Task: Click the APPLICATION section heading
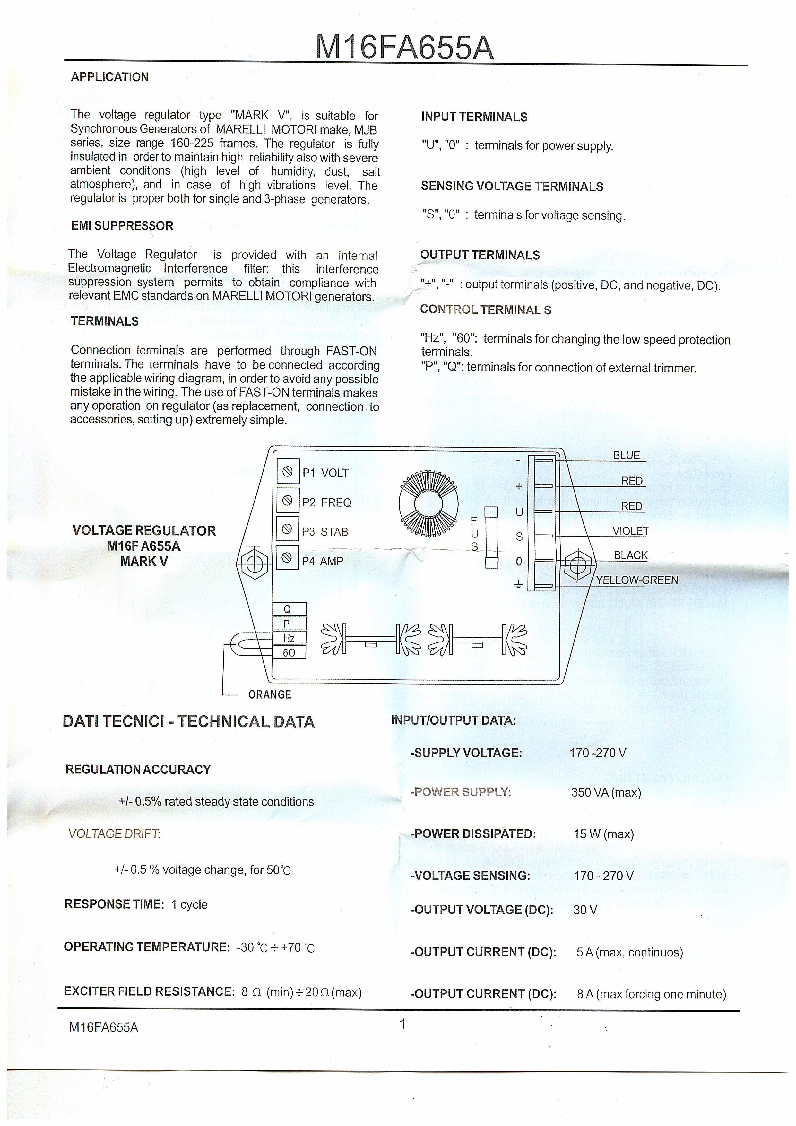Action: pos(109,77)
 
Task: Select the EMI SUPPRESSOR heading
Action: pos(122,226)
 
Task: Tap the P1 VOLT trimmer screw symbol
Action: pos(288,472)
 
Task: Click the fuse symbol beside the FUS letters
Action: pos(491,537)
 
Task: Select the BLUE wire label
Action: pos(627,456)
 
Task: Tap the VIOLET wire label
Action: pos(630,531)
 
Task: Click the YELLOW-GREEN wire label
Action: pos(637,580)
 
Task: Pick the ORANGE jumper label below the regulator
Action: pos(270,694)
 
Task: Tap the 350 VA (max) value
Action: pos(606,792)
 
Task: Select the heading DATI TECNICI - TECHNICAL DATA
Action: pos(189,721)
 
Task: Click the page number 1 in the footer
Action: pos(402,1024)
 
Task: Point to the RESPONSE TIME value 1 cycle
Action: pos(189,904)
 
